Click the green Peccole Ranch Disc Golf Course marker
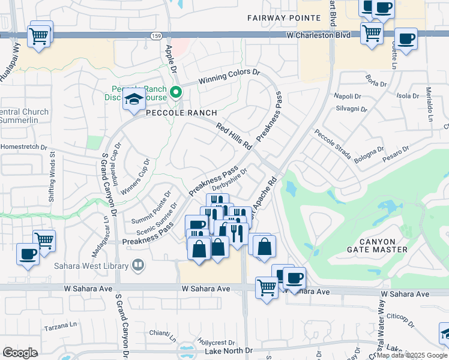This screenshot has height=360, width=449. (x=176, y=92)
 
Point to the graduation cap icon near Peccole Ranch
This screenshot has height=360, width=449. (x=134, y=100)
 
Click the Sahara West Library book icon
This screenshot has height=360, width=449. (x=138, y=265)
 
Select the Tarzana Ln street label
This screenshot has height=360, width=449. (x=62, y=329)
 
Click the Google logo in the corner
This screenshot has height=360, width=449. (x=20, y=353)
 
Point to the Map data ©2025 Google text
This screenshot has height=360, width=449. (x=412, y=355)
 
